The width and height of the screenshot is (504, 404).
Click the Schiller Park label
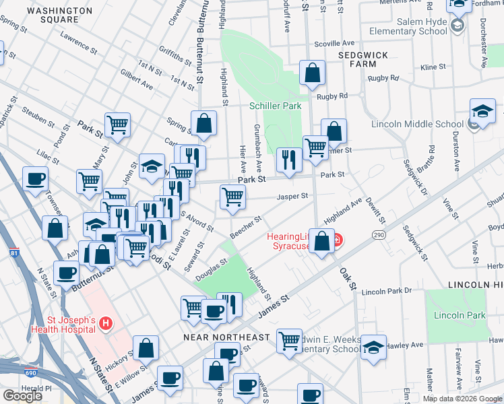coord(274,106)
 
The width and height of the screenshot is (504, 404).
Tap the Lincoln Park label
coord(460,315)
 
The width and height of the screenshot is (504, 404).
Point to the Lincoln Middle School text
coord(417,124)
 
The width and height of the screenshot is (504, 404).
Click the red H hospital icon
coord(105,325)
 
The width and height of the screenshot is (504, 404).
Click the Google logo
coord(22,396)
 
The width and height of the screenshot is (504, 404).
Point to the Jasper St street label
coord(294,197)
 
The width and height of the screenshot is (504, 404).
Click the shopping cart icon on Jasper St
coord(233,197)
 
